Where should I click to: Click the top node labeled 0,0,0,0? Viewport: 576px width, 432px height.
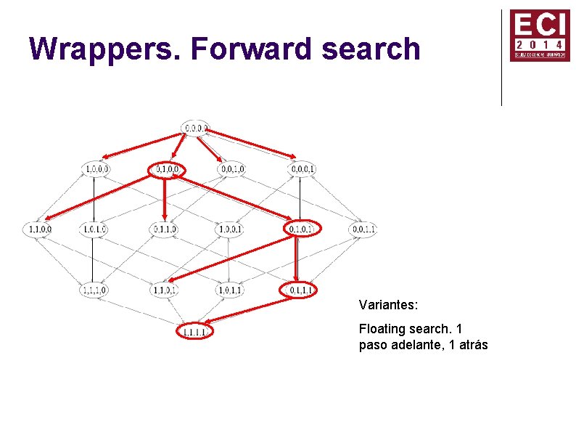coord(196,128)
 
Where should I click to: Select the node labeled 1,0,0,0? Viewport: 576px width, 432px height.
coord(97,169)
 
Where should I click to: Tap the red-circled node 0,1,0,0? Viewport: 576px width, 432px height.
coord(166,169)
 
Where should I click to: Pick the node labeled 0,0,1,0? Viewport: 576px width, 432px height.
coord(231,169)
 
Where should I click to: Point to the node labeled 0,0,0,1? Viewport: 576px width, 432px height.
coord(302,169)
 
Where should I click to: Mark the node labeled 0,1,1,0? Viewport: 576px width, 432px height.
coord(165,229)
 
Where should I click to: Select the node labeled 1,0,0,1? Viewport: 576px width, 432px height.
coord(230,229)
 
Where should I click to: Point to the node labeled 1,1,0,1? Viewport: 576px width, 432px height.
coord(165,290)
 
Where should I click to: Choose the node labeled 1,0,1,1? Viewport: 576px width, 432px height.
coord(230,290)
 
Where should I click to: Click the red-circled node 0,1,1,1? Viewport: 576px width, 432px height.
coord(299,290)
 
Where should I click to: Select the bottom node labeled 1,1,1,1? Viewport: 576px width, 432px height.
coord(195,333)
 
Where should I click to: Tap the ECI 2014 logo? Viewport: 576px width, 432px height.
coord(539,35)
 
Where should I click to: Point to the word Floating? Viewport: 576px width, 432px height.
coord(383,330)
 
